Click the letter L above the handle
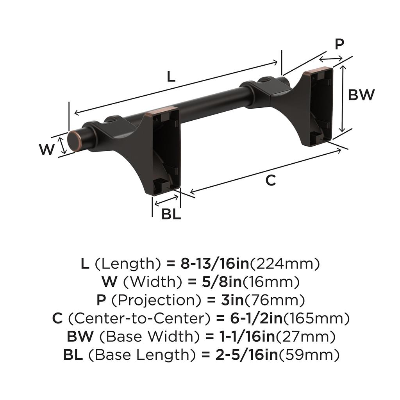point(171,76)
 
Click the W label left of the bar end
point(47,149)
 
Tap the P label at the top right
point(339,44)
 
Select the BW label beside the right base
point(361,95)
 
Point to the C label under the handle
point(270,180)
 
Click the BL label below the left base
point(171,214)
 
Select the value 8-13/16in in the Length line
point(214,264)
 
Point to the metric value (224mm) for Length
point(285,264)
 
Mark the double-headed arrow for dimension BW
point(343,99)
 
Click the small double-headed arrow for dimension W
point(62,146)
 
